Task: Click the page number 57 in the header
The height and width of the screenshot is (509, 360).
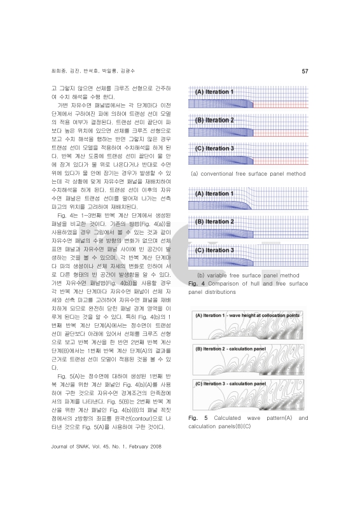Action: pos(305,71)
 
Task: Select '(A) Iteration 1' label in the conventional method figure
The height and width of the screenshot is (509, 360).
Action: pos(214,92)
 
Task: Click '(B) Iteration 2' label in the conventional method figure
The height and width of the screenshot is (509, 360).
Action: pos(215,120)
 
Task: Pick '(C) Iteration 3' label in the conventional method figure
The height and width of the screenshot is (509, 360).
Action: pos(215,148)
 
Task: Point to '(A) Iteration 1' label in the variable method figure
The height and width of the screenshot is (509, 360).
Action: pos(215,193)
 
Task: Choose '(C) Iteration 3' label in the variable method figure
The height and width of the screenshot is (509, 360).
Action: pos(215,250)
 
